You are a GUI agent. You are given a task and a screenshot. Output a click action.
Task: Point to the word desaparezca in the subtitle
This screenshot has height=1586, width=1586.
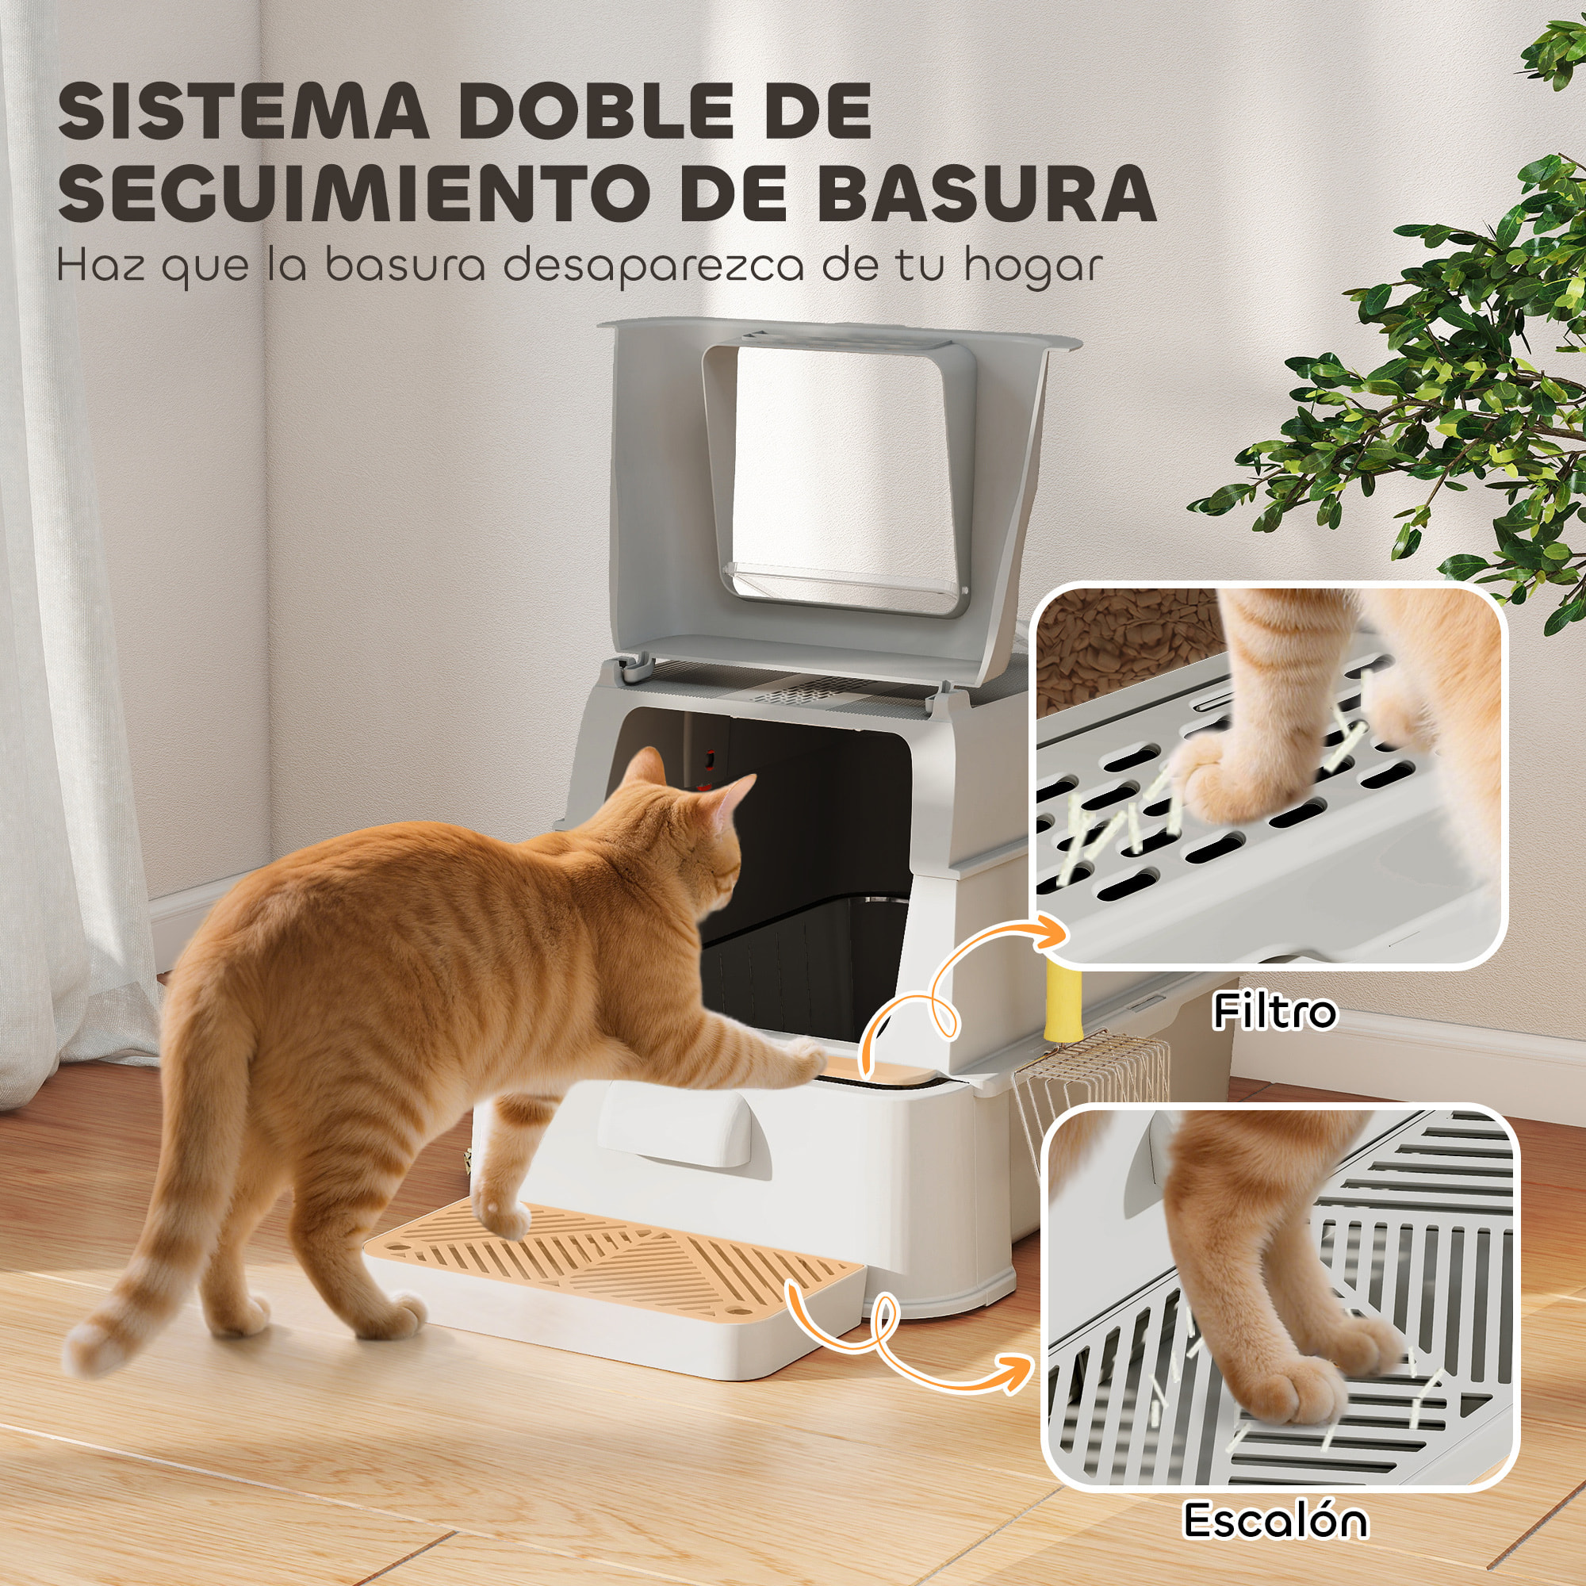click(653, 266)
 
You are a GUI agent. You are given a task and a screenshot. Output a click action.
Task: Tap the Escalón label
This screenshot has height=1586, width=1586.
click(1275, 1520)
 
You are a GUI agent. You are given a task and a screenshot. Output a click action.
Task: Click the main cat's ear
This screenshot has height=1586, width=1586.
click(649, 772)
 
